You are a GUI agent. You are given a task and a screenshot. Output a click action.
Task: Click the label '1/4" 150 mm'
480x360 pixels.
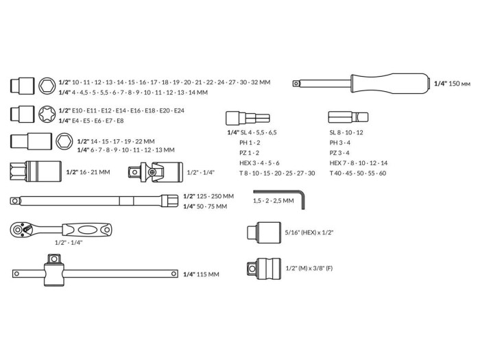coord(452,83)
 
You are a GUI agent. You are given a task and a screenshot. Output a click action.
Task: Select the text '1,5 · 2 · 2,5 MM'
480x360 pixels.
coord(273,201)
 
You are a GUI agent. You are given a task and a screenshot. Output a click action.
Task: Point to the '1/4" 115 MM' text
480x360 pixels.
coord(201,274)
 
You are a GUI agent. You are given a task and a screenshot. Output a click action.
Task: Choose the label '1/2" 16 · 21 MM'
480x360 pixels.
coord(88,172)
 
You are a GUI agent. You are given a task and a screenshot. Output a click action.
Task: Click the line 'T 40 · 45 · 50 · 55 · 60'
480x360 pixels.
coord(357,173)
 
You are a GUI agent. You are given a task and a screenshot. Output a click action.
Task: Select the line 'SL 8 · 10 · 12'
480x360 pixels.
coord(346,132)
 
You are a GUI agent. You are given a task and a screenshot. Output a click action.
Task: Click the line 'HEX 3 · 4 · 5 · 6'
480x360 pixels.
coord(259,163)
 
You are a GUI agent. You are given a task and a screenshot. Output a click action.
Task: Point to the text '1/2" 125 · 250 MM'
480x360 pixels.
coord(208,196)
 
